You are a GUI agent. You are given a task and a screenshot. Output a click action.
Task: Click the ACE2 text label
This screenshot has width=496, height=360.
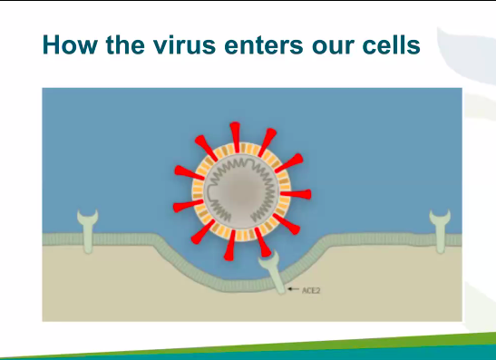pos(312,290)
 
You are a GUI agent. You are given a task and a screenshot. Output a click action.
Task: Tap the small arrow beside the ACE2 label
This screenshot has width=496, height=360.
pos(292,289)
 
